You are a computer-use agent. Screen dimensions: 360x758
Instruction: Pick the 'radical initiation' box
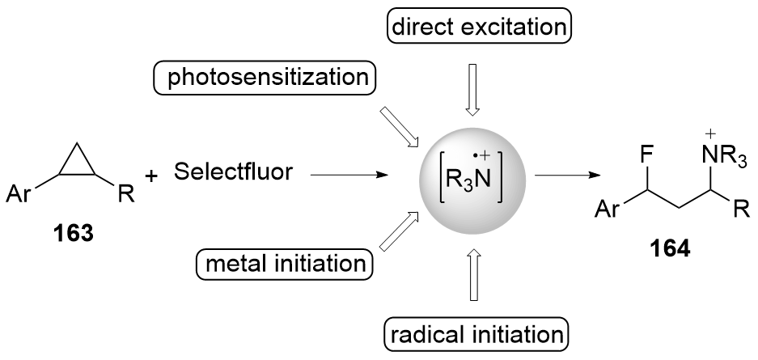tap(476, 332)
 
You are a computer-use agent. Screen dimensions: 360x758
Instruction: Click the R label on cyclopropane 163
tap(125, 194)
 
